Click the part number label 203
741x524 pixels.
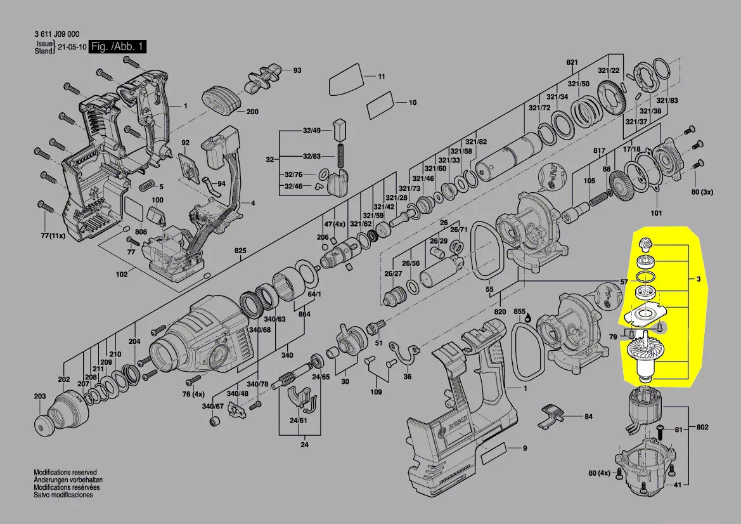pos(40,396)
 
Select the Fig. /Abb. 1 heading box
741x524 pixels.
pos(117,47)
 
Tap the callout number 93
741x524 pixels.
pos(297,70)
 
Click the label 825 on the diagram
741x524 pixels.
pos(240,251)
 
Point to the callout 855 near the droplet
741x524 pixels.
pos(520,312)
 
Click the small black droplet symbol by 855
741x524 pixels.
pos(528,320)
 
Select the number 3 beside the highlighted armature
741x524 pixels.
pos(698,279)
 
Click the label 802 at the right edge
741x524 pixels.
pos(702,427)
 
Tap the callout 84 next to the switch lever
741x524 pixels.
pos(588,417)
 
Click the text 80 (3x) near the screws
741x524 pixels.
pos(703,192)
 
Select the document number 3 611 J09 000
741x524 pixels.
pos(56,35)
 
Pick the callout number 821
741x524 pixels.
pos(572,62)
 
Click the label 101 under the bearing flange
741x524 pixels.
pos(656,213)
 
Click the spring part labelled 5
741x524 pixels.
pos(146,185)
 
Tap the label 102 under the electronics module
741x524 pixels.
pos(122,274)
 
